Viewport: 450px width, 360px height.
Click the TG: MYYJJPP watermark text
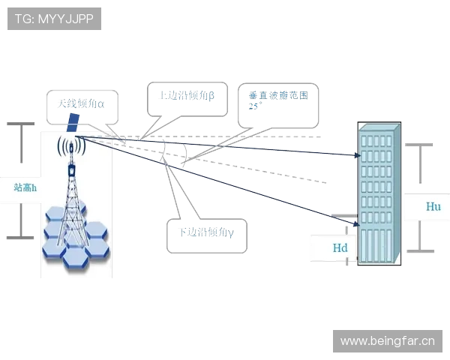(54, 19)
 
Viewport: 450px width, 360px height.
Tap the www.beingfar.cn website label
(387, 341)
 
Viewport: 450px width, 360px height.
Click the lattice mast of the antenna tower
(73, 202)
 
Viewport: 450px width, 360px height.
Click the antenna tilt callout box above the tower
(75, 106)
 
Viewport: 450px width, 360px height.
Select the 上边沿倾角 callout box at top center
(187, 97)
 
